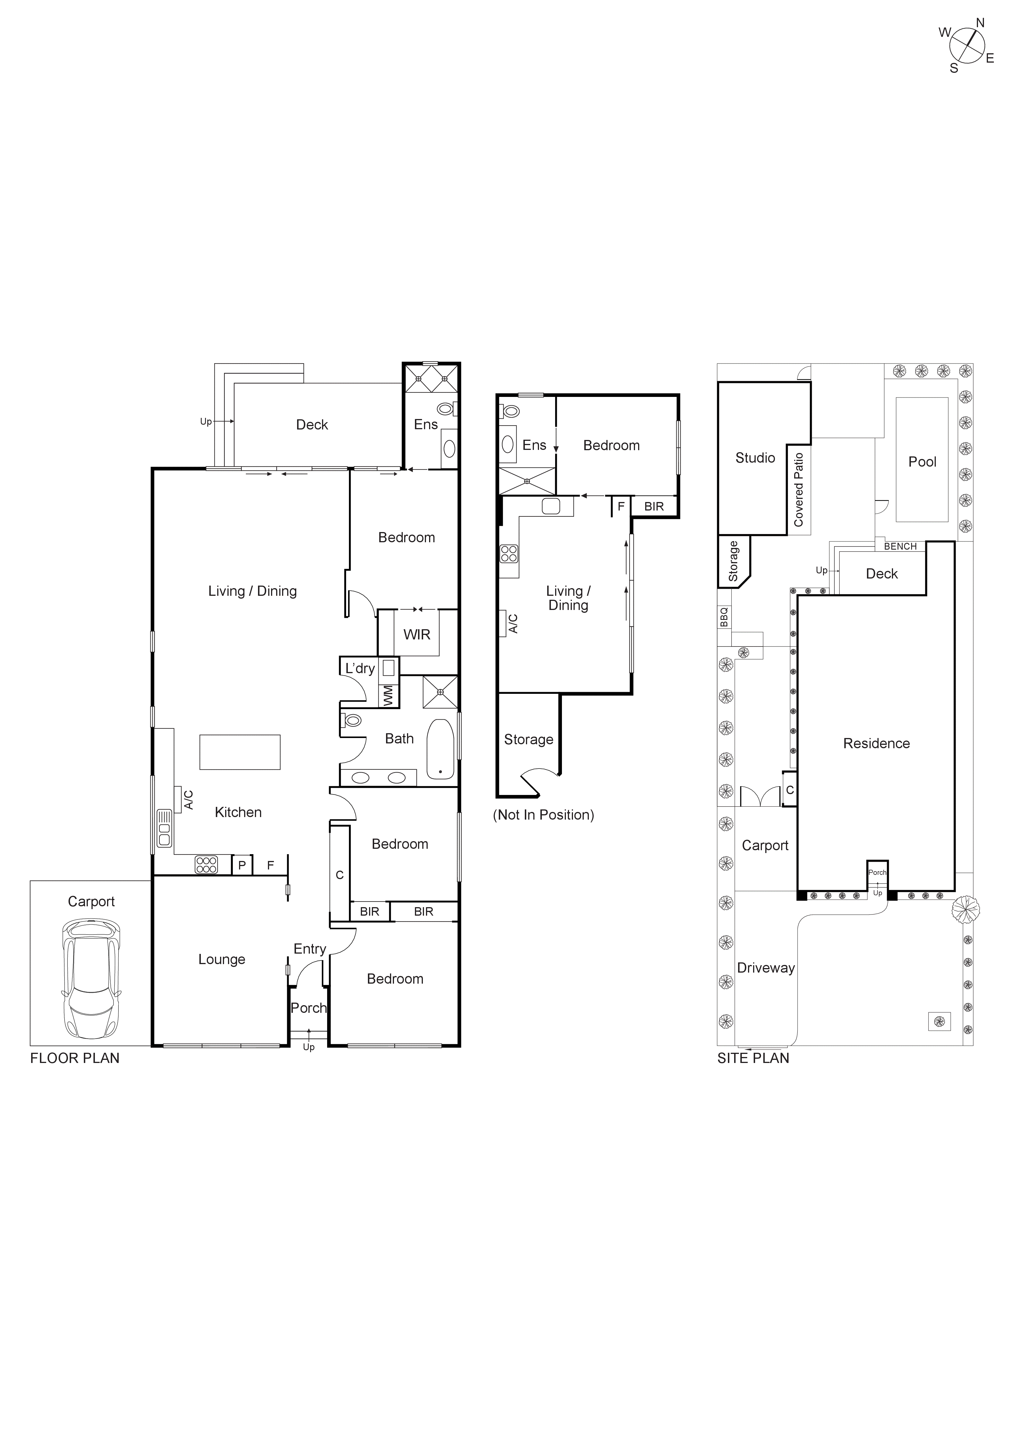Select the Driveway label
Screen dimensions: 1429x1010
click(766, 968)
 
